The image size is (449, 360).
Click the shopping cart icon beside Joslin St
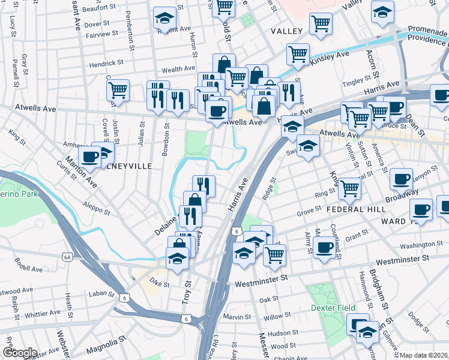[118, 90]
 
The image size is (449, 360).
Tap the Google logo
[20, 353]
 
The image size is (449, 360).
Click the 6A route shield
[67, 257]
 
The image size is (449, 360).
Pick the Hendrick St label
[106, 62]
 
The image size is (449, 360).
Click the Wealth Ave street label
[178, 69]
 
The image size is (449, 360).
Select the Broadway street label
[402, 196]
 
